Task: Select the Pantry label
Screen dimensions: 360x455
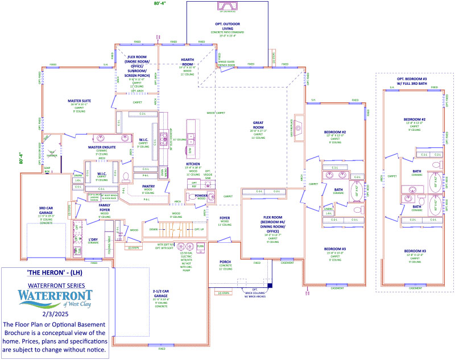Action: coord(148,186)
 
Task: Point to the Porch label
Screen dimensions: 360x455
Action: coord(225,262)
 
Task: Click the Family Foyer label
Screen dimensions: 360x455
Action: coord(104,208)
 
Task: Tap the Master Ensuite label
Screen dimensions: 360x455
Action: coord(102,147)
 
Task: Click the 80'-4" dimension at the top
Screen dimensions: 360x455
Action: coord(161,3)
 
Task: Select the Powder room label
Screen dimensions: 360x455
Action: coord(201,196)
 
